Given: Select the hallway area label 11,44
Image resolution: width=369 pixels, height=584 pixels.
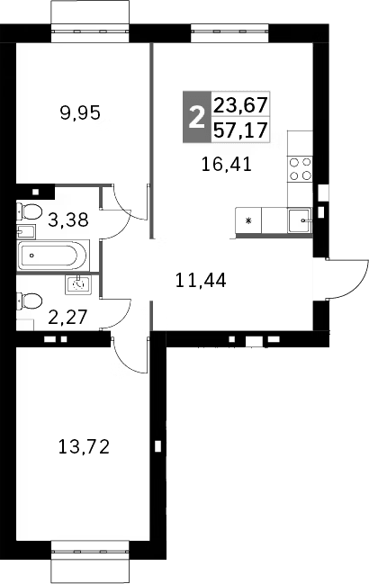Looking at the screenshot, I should click(x=200, y=279).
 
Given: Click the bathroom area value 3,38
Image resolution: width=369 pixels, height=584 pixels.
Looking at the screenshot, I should click(x=67, y=218).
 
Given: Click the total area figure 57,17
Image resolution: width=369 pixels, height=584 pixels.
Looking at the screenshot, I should click(x=242, y=131).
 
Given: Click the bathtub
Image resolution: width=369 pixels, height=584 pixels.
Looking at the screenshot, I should click(x=53, y=255).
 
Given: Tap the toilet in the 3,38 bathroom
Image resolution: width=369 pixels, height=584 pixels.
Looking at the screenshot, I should click(x=28, y=213).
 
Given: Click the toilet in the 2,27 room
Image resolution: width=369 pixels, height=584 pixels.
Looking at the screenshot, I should click(x=28, y=301).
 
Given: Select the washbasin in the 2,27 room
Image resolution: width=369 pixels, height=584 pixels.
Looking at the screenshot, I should click(x=78, y=284).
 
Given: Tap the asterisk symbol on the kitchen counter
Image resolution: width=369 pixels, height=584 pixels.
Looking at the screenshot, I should click(x=248, y=220).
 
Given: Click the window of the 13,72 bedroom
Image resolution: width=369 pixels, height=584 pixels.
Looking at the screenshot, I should click(x=91, y=551).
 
